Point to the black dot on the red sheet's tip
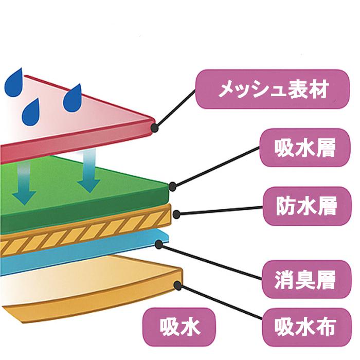154,124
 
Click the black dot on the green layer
173,185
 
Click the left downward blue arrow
24,183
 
